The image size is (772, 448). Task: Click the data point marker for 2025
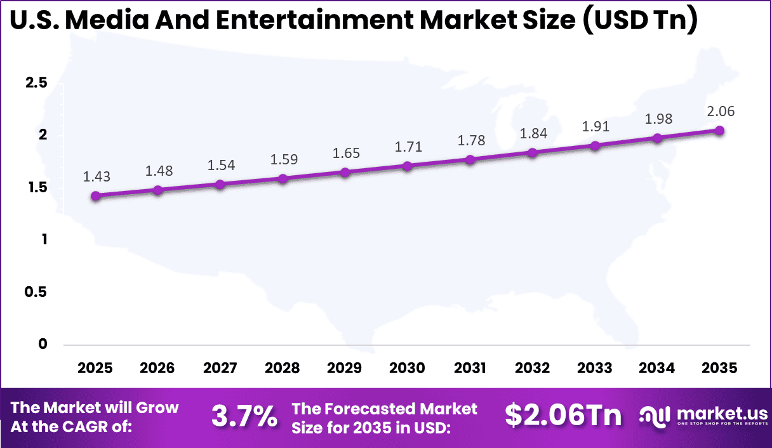click(x=96, y=196)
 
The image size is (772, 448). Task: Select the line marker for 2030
click(x=407, y=166)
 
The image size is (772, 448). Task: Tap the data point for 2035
click(x=719, y=131)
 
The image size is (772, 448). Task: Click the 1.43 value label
click(x=96, y=177)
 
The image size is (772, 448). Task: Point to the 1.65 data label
click(x=345, y=154)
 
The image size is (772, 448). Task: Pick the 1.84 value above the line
click(x=533, y=133)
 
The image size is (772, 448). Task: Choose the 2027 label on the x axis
click(x=220, y=369)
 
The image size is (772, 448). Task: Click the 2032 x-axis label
click(x=533, y=369)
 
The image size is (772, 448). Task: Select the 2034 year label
click(x=657, y=369)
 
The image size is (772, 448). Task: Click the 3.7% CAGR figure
click(x=244, y=417)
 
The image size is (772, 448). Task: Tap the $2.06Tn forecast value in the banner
click(x=563, y=416)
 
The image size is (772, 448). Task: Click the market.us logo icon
click(x=655, y=416)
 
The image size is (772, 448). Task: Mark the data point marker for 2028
click(x=283, y=179)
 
